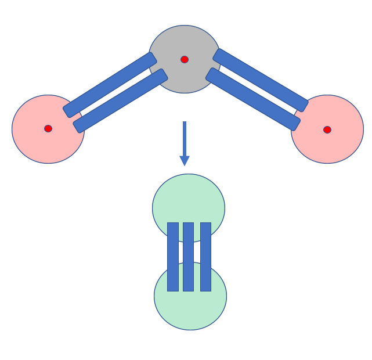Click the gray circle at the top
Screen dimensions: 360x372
pyautogui.click(x=185, y=41)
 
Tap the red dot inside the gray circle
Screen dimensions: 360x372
pyautogui.click(x=185, y=59)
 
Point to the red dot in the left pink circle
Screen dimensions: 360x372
pyautogui.click(x=48, y=128)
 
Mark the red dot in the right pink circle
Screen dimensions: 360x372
pyautogui.click(x=327, y=129)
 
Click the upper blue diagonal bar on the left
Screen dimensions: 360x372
pyautogui.click(x=110, y=85)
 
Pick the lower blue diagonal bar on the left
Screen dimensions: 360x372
pyautogui.click(x=120, y=101)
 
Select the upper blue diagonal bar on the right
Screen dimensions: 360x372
pyautogui.click(x=261, y=80)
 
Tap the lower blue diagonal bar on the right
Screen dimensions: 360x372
pyautogui.click(x=253, y=99)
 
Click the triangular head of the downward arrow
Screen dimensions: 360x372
pyautogui.click(x=185, y=160)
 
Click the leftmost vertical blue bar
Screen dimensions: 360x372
pyautogui.click(x=173, y=257)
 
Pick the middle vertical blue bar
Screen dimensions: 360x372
pyautogui.click(x=188, y=257)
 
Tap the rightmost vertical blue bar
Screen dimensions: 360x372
pyautogui.click(x=205, y=257)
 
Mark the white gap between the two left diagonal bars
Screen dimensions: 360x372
pyautogui.click(x=115, y=93)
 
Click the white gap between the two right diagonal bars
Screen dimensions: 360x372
pyautogui.click(x=257, y=90)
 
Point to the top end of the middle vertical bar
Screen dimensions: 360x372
pyautogui.click(x=188, y=225)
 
